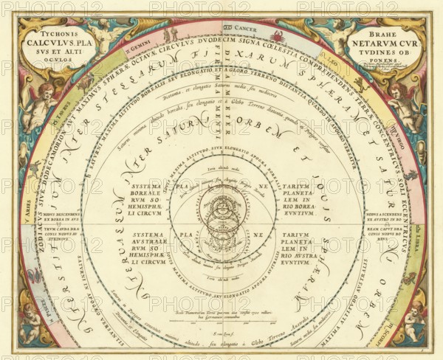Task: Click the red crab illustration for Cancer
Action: coord(277,35)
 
